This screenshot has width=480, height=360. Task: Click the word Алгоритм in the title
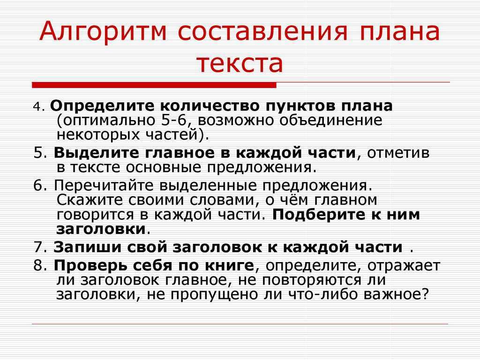[103, 31]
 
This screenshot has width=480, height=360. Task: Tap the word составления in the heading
[262, 31]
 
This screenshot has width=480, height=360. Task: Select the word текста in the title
[240, 63]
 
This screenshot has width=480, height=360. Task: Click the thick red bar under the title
[154, 85]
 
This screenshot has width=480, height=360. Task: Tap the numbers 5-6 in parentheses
[173, 120]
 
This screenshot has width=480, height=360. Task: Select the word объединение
[330, 120]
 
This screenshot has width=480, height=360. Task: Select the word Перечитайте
[104, 186]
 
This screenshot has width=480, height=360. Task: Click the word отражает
[404, 266]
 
